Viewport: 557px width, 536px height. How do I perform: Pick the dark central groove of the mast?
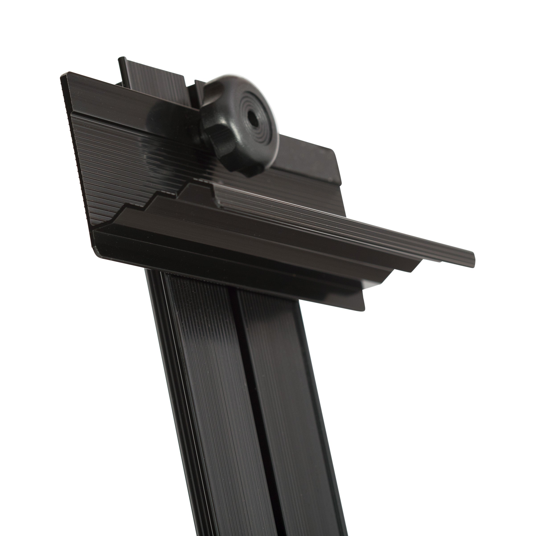250,398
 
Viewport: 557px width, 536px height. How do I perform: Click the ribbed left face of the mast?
210,398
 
